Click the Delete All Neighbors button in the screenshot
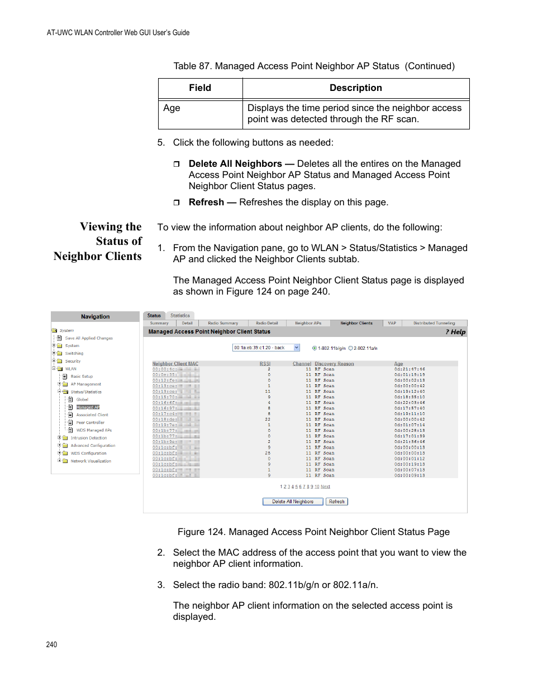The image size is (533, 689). pyautogui.click(x=293, y=502)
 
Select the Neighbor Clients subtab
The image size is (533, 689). pyautogui.click(x=356, y=323)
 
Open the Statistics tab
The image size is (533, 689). pyautogui.click(x=180, y=316)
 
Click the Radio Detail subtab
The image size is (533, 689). pyautogui.click(x=266, y=323)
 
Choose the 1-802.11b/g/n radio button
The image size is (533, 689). pyautogui.click(x=315, y=348)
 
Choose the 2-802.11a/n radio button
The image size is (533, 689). pyautogui.click(x=351, y=348)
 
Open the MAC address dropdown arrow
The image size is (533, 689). pyautogui.click(x=297, y=348)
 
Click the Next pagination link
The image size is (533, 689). pyautogui.click(x=325, y=486)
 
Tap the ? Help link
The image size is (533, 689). pyautogui.click(x=456, y=332)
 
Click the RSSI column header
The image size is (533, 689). pyautogui.click(x=265, y=364)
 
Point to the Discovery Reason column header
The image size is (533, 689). pyautogui.click(x=334, y=364)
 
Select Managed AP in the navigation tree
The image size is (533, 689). pyautogui.click(x=88, y=407)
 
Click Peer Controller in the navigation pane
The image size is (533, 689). pyautogui.click(x=90, y=422)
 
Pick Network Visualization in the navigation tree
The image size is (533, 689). pyautogui.click(x=91, y=461)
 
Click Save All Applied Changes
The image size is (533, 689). pyautogui.click(x=88, y=338)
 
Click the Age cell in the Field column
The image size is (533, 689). pyautogui.click(x=172, y=108)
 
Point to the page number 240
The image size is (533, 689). pyautogui.click(x=51, y=644)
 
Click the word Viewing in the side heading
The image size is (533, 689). pyautogui.click(x=101, y=227)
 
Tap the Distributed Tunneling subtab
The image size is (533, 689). pyautogui.click(x=434, y=323)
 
